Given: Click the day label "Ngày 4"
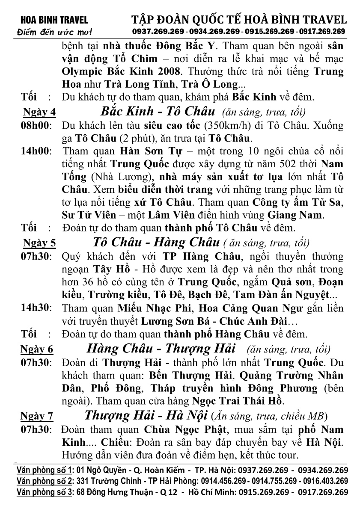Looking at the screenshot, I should click(x=39, y=112).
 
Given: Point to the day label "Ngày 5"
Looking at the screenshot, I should click(x=39, y=243).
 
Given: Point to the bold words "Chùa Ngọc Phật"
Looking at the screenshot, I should click(x=173, y=429).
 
